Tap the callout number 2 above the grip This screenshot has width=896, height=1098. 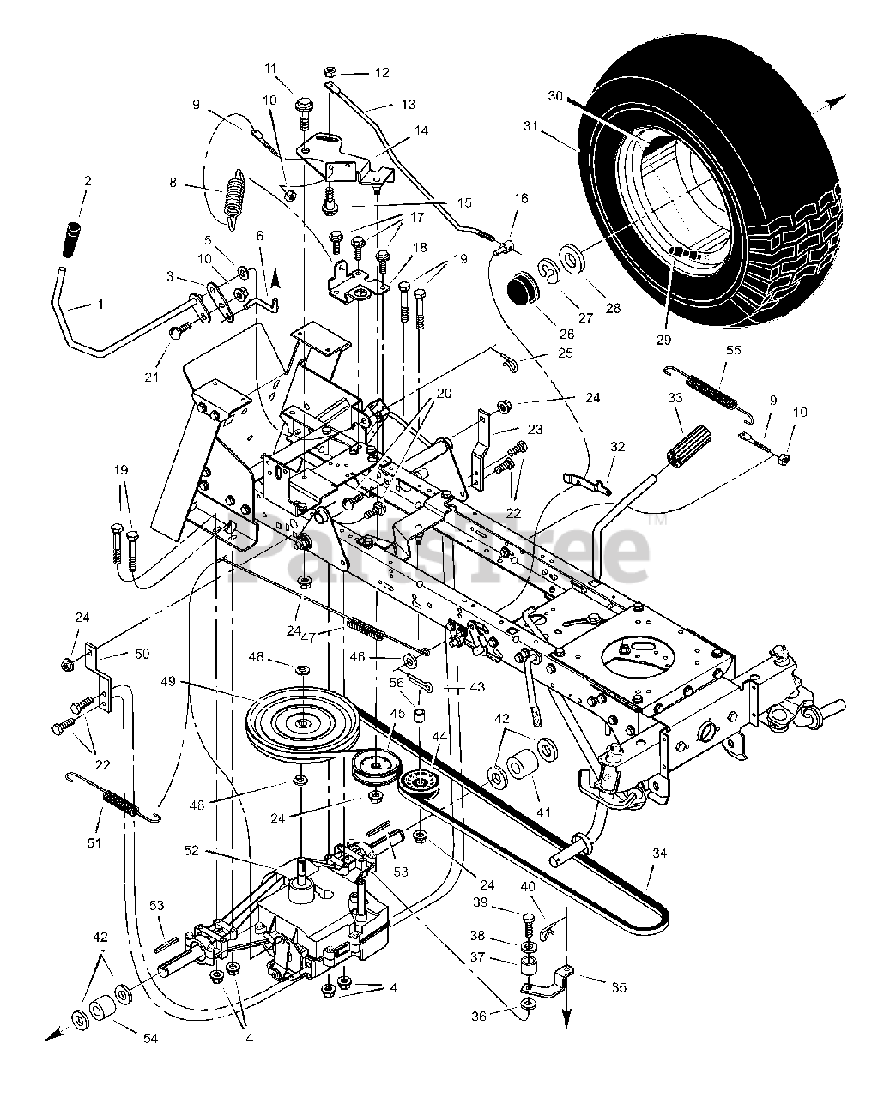click(87, 182)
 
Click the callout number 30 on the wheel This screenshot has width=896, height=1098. click(554, 95)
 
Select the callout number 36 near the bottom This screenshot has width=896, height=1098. click(479, 1016)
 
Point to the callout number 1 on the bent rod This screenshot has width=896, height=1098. click(77, 304)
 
